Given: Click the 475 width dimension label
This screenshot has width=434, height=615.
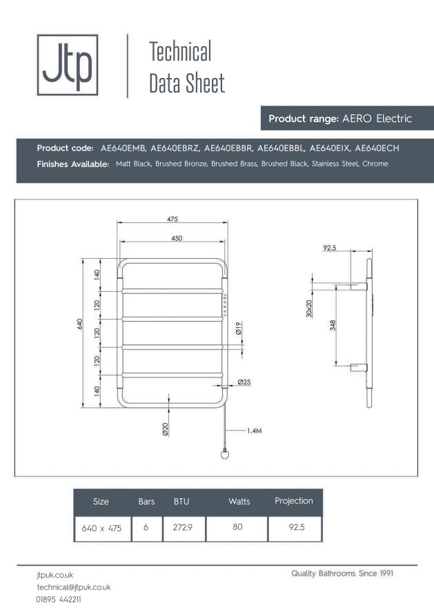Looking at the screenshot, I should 172,219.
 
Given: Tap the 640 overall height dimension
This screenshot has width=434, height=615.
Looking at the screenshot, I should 80,324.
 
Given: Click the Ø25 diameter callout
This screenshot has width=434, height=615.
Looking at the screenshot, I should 244,382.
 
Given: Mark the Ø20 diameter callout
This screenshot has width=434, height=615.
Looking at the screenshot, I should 166,429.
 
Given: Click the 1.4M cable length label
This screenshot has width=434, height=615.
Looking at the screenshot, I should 255,430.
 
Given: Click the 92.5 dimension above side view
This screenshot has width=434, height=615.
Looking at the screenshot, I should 329,248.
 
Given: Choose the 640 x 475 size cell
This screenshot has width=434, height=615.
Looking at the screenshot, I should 101,529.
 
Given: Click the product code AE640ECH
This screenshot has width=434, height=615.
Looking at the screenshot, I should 377,148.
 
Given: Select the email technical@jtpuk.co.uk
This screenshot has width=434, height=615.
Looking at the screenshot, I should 74,586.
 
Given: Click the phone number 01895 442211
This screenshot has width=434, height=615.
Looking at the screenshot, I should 59,599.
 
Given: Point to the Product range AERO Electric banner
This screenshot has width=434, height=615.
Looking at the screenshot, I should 340,119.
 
